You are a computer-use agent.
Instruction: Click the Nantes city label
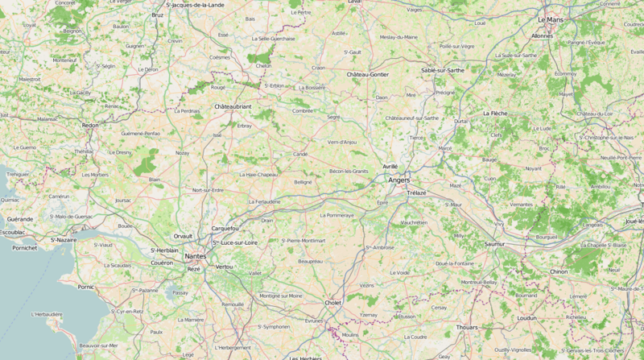196,256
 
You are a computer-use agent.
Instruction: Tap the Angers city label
398,180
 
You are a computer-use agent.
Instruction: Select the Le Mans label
551,19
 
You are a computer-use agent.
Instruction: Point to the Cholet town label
332,303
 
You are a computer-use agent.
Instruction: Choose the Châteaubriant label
233,106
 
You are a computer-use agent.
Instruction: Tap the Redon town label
90,125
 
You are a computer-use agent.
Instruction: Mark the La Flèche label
494,114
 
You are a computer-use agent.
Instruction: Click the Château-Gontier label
367,74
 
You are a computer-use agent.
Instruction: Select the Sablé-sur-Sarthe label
443,70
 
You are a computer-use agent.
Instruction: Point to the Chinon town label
559,271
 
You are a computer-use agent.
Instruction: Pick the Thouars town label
467,327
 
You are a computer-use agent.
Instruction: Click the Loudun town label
526,317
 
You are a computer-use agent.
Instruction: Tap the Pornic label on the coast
86,286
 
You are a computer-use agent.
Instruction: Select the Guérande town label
20,218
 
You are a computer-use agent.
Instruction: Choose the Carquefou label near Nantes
224,228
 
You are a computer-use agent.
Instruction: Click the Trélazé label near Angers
417,192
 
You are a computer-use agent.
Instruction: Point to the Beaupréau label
310,261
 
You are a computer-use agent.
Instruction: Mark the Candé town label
300,153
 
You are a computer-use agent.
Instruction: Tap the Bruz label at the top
158,14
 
